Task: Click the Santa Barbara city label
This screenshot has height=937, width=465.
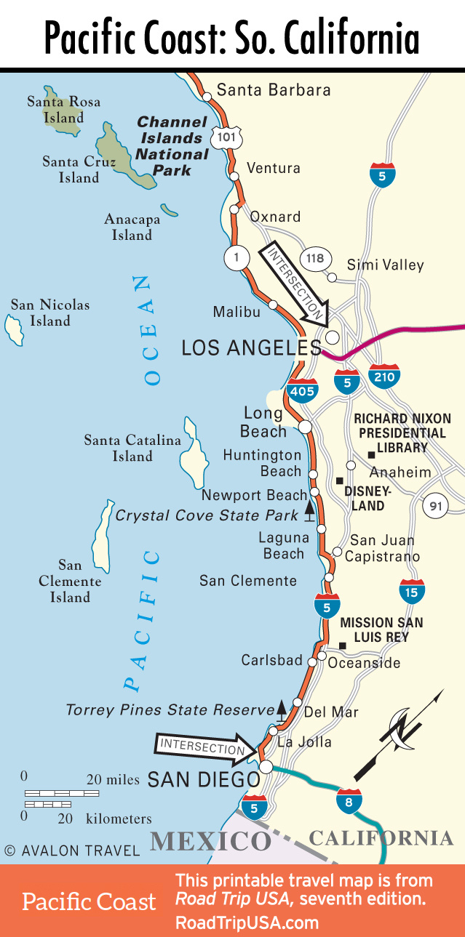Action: [x=274, y=91]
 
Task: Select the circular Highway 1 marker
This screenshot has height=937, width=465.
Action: [x=237, y=257]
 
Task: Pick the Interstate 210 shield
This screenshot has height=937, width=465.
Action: [x=383, y=375]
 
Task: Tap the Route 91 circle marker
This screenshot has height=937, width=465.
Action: [x=435, y=507]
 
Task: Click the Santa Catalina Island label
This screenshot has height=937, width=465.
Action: [x=132, y=448]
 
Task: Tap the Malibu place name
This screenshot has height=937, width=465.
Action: [x=237, y=312]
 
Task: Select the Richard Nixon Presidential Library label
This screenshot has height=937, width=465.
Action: [x=402, y=433]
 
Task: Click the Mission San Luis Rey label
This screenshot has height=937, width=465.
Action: [x=381, y=630]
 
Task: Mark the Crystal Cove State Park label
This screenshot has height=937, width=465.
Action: [x=207, y=515]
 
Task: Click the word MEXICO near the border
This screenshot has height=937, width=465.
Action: [x=210, y=842]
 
